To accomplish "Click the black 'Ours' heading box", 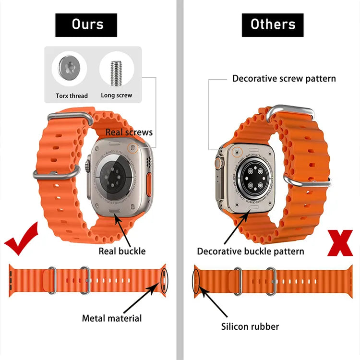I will coord(86,24).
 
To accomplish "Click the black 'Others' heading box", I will coord(273,24).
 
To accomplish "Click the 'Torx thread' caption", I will coord(72,96).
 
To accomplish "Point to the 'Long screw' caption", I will coord(117,95).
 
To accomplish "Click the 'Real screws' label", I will coord(129,132).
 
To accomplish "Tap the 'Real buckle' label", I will coord(122,251).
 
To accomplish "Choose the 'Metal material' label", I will coord(112,318).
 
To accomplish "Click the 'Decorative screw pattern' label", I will coord(284,78).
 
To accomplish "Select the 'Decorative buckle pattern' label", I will coord(251,251).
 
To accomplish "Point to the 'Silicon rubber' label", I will coord(250,326).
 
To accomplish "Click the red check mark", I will coord(22,240).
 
